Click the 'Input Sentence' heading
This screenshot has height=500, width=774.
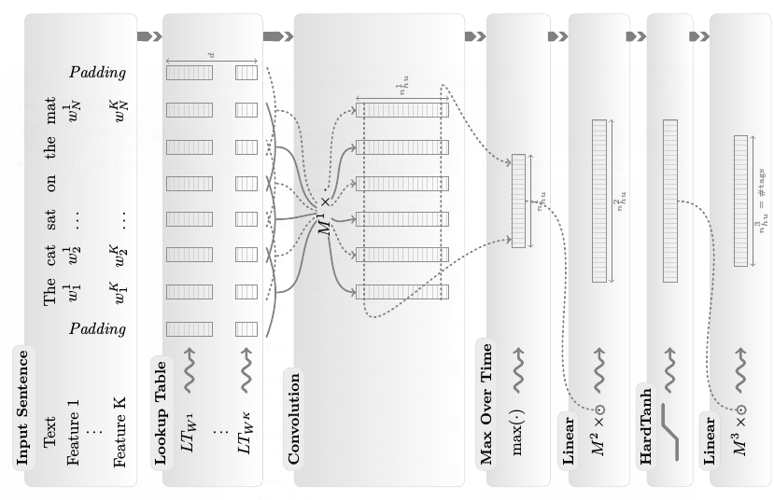coord(22,407)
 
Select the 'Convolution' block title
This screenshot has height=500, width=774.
coord(294,417)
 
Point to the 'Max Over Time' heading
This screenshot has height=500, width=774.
coord(486,404)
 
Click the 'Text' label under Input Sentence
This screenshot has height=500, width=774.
coord(50,432)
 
